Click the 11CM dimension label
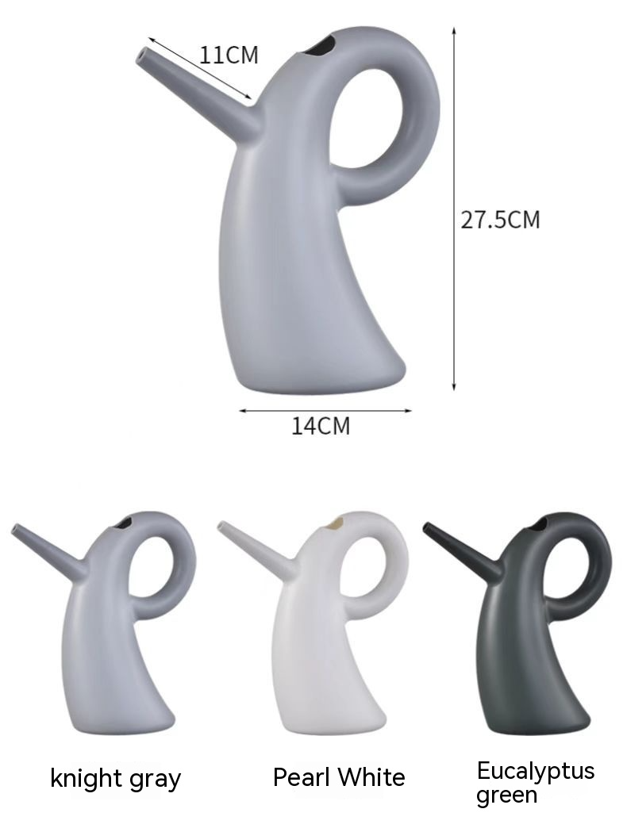[x=229, y=56]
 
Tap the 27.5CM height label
[x=500, y=220]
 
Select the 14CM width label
[x=320, y=426]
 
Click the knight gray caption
[x=116, y=778]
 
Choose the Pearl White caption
[x=339, y=777]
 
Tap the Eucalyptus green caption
[x=535, y=782]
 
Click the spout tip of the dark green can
[x=427, y=527]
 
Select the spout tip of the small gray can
[x=16, y=528]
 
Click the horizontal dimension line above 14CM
[x=325, y=411]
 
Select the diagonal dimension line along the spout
[x=198, y=71]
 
